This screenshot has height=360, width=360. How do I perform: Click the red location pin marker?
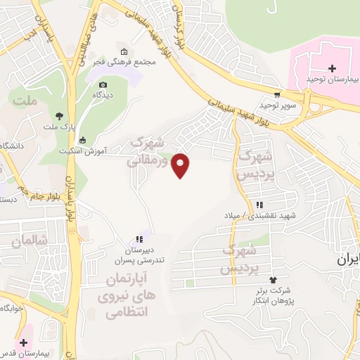click(181, 165)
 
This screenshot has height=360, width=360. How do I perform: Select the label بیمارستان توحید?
click(333, 79)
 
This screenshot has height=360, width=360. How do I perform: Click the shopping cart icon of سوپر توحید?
click(277, 95)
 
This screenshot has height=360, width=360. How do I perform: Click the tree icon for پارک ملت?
click(60, 116)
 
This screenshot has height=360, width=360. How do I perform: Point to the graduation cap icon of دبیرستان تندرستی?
click(139, 239)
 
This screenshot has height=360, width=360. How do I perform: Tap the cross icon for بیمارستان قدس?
click(25, 342)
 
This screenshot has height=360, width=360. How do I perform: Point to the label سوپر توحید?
click(275, 105)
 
